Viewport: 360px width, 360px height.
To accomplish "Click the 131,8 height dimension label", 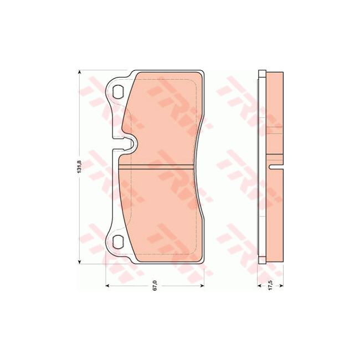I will (x=79, y=166).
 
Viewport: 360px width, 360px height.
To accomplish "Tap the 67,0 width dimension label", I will (x=156, y=286).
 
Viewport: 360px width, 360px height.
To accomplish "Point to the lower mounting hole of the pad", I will (x=117, y=241).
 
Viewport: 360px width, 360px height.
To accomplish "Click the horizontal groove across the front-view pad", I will (x=157, y=166).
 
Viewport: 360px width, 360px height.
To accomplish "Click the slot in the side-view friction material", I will (x=276, y=167).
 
